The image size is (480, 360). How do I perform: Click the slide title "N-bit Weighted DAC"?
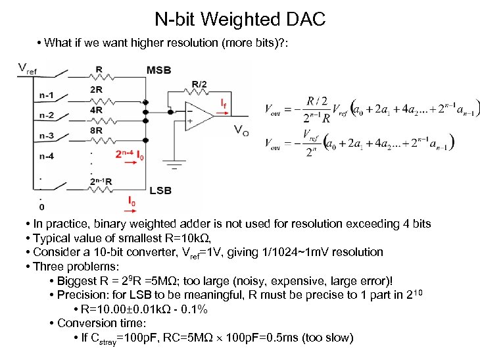tap(240, 19)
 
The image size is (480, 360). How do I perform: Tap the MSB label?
tap(159, 70)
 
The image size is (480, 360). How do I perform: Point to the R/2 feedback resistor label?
tap(199, 84)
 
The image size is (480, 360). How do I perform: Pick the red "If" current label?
tap(224, 104)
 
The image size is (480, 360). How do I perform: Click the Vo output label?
tap(241, 130)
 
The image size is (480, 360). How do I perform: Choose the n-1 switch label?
tap(46, 95)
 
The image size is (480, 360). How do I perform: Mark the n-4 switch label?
tap(46, 156)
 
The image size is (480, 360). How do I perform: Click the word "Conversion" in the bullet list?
tap(87, 323)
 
